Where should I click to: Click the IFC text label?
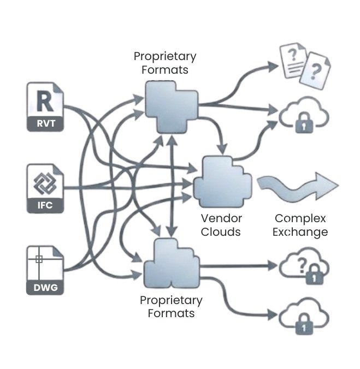coord(45,206)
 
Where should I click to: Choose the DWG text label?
coord(45,287)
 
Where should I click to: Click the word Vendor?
coord(221,218)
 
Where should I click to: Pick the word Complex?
coord(300,218)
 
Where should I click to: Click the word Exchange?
coord(300,232)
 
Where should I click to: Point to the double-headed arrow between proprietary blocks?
coord(173,186)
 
